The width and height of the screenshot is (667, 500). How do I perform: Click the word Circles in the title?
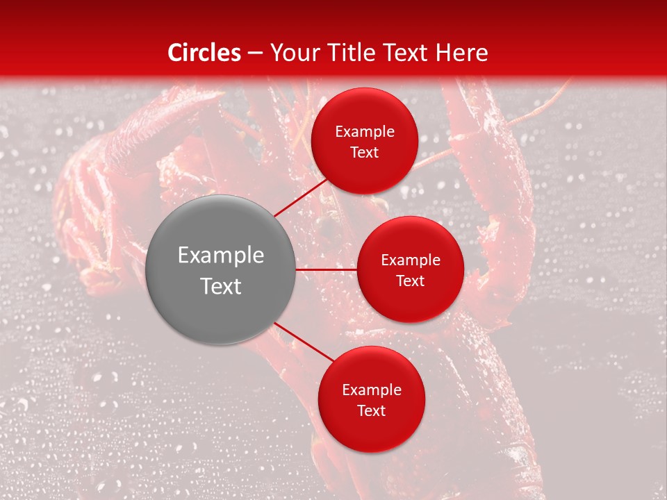pyautogui.click(x=204, y=53)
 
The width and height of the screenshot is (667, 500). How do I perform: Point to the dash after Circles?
pyautogui.click(x=255, y=53)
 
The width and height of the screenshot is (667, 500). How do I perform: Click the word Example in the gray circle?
pyautogui.click(x=221, y=256)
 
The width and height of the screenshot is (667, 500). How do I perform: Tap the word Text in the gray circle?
pyautogui.click(x=221, y=286)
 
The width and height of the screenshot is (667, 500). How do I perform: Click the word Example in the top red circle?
pyautogui.click(x=365, y=132)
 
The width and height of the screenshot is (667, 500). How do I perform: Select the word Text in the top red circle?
pyautogui.click(x=365, y=152)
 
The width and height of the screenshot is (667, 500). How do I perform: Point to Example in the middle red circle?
pyautogui.click(x=411, y=260)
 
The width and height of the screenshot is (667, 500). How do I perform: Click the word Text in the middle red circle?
pyautogui.click(x=411, y=281)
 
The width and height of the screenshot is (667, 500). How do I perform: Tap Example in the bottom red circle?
pyautogui.click(x=372, y=390)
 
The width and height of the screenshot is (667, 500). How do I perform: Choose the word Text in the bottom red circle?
pyautogui.click(x=372, y=410)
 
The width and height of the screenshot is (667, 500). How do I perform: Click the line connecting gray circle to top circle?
pyautogui.click(x=302, y=197)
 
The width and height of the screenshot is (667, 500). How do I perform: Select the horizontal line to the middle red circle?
pyautogui.click(x=326, y=269)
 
